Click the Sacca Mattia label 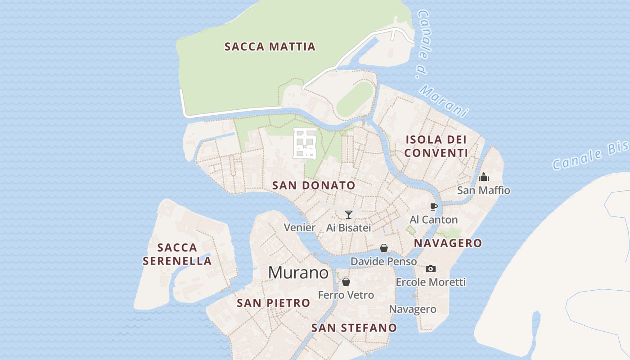[270, 46]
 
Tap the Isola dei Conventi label [436, 146]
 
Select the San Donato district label [314, 185]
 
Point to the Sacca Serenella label [177, 254]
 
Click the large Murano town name [298, 273]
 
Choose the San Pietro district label [274, 303]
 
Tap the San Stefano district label [354, 328]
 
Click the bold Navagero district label [448, 243]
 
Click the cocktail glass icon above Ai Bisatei [348, 214]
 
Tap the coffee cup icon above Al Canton [433, 207]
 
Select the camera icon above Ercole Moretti [431, 269]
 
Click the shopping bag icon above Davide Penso [384, 248]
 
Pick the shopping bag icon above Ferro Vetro [346, 282]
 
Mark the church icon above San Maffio [484, 177]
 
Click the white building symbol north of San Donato [305, 143]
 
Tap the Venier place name [300, 228]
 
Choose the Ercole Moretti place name [431, 282]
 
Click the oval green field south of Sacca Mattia [355, 99]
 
